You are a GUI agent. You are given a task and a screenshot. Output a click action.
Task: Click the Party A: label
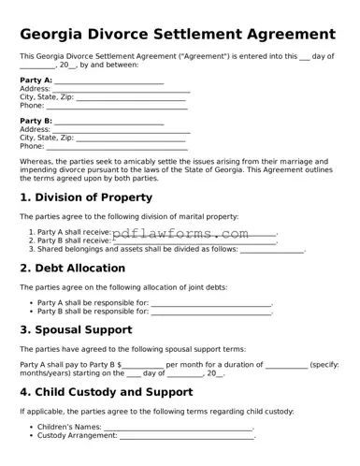tap(36, 81)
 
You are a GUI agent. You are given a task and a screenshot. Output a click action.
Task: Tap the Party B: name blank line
tap(109, 123)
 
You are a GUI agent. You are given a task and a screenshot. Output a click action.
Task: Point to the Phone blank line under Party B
tap(117, 147)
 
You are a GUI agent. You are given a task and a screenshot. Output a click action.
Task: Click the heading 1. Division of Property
tap(86, 197)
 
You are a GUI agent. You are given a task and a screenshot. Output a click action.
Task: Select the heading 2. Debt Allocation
tap(73, 268)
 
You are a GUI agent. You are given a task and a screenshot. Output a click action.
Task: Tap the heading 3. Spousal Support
tap(76, 330)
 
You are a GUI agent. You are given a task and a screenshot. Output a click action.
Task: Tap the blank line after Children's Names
tap(179, 428)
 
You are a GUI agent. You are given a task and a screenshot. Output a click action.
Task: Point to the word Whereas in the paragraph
tap(36, 162)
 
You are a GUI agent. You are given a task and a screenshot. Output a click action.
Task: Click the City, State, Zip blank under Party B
tap(131, 138)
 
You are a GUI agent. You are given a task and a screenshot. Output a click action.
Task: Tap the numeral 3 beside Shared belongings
tap(32, 250)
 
